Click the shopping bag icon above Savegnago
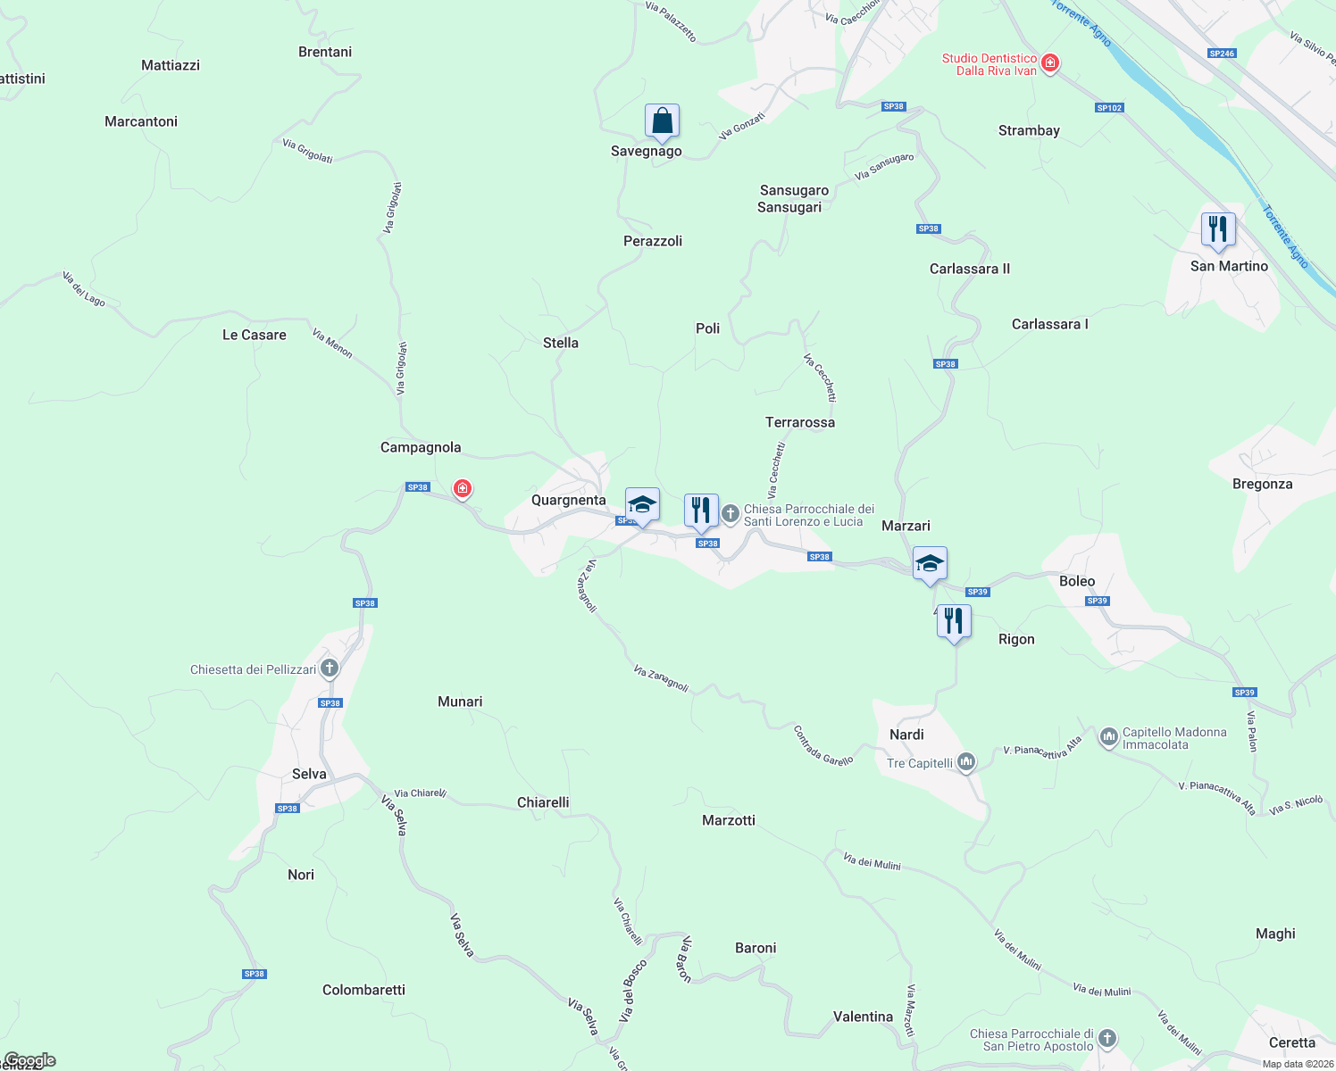[x=662, y=120]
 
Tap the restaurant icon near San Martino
[x=1218, y=229]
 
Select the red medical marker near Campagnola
[x=462, y=488]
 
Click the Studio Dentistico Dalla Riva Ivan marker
[x=1050, y=62]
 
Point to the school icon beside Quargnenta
[x=642, y=505]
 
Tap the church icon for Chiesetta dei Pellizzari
[x=330, y=668]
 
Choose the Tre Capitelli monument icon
[x=965, y=762]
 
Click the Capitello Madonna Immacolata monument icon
[x=1109, y=736]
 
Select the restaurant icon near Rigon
[x=954, y=620]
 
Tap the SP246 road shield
[x=1222, y=54]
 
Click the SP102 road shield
[x=1109, y=108]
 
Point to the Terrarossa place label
[x=800, y=422]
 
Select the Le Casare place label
[x=255, y=335]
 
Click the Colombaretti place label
[x=363, y=990]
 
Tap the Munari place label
[x=460, y=702]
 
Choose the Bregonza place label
[x=1262, y=484]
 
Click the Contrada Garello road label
[x=823, y=746]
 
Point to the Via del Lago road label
[x=84, y=289]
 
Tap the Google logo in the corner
[x=29, y=1060]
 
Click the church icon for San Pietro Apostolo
[x=1107, y=1038]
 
